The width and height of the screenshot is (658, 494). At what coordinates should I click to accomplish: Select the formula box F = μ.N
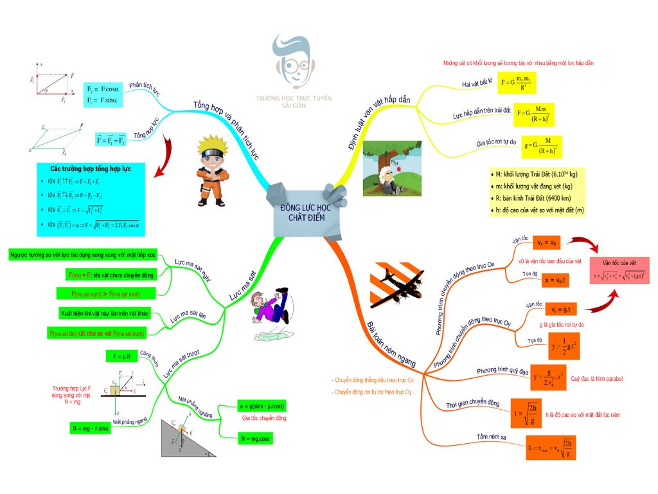[122, 356]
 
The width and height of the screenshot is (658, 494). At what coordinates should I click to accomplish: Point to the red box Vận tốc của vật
[619, 270]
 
